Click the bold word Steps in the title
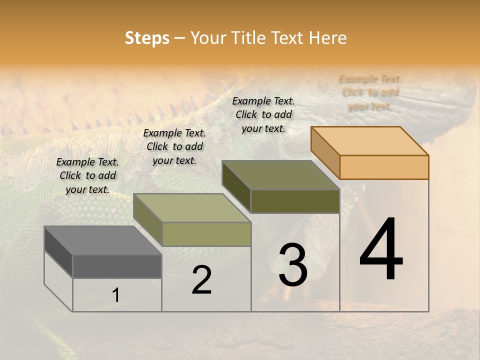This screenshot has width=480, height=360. pos(147,38)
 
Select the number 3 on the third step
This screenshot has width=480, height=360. pos(293,265)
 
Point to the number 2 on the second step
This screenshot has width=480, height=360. pos(202,280)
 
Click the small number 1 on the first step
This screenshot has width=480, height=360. pos(116,295)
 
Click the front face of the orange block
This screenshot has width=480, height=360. pos(384,167)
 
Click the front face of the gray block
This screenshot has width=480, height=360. pos(117,266)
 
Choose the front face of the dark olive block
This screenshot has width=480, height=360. pos(295,201)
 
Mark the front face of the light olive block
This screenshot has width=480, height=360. pos(206,234)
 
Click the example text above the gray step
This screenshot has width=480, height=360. pos(87,176)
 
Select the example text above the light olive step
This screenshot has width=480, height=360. pos(174,147)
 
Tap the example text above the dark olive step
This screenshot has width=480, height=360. pos(263,114)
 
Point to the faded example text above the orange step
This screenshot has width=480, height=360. pos(370,92)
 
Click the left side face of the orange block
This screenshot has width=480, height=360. pos(325,152)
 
